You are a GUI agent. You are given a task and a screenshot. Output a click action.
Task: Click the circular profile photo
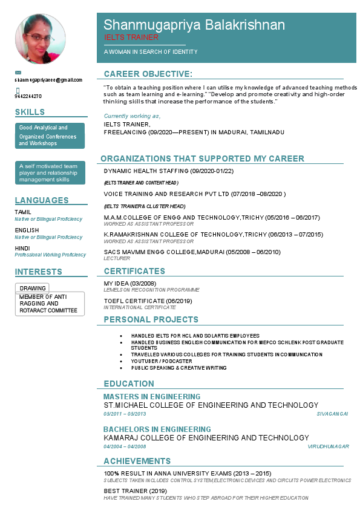tap(40, 39)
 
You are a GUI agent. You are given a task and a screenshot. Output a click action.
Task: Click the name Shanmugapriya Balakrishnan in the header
tap(194, 25)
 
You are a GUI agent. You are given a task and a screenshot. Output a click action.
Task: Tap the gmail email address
tap(48, 80)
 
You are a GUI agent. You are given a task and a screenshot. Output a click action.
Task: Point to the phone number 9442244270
tap(28, 96)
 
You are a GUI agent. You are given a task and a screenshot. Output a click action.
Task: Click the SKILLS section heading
tap(30, 112)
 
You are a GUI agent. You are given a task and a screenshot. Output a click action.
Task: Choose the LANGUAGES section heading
tap(42, 200)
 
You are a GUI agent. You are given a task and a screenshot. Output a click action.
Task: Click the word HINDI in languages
tap(22, 248)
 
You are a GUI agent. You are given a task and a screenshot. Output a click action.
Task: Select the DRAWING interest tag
tap(32, 288)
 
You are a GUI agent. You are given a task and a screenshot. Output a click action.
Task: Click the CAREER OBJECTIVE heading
tap(148, 74)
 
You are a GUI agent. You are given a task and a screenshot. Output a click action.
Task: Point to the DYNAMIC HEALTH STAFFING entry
tap(168, 171)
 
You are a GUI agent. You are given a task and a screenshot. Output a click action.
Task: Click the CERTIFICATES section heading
tap(134, 271)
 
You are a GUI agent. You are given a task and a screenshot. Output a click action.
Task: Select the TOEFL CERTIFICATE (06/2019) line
tap(148, 301)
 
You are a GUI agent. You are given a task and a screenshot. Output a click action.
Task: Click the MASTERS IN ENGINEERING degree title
tap(152, 397)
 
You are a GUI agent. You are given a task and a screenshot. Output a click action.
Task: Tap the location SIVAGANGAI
tap(332, 414)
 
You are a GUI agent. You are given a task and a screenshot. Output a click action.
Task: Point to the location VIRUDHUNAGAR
tap(328, 446)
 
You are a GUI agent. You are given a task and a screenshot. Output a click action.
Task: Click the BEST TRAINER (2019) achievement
tap(135, 491)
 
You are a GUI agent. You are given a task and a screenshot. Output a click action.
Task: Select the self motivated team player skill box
tap(50, 172)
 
